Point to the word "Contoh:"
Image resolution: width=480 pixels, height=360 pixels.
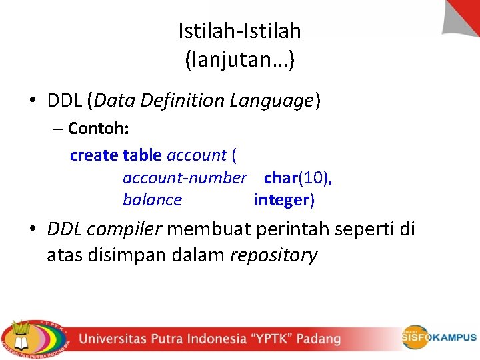(98, 128)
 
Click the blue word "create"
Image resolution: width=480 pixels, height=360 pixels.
(94, 155)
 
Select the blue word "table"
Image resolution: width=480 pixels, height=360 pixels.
(142, 155)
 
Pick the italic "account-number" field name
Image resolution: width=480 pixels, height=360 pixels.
(185, 178)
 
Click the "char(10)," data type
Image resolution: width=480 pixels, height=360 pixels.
(298, 178)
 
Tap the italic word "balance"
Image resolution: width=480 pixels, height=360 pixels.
(152, 200)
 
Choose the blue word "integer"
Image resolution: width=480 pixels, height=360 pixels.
(282, 200)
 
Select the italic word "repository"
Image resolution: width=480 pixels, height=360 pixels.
(273, 255)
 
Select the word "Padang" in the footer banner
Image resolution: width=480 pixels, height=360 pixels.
(319, 339)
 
